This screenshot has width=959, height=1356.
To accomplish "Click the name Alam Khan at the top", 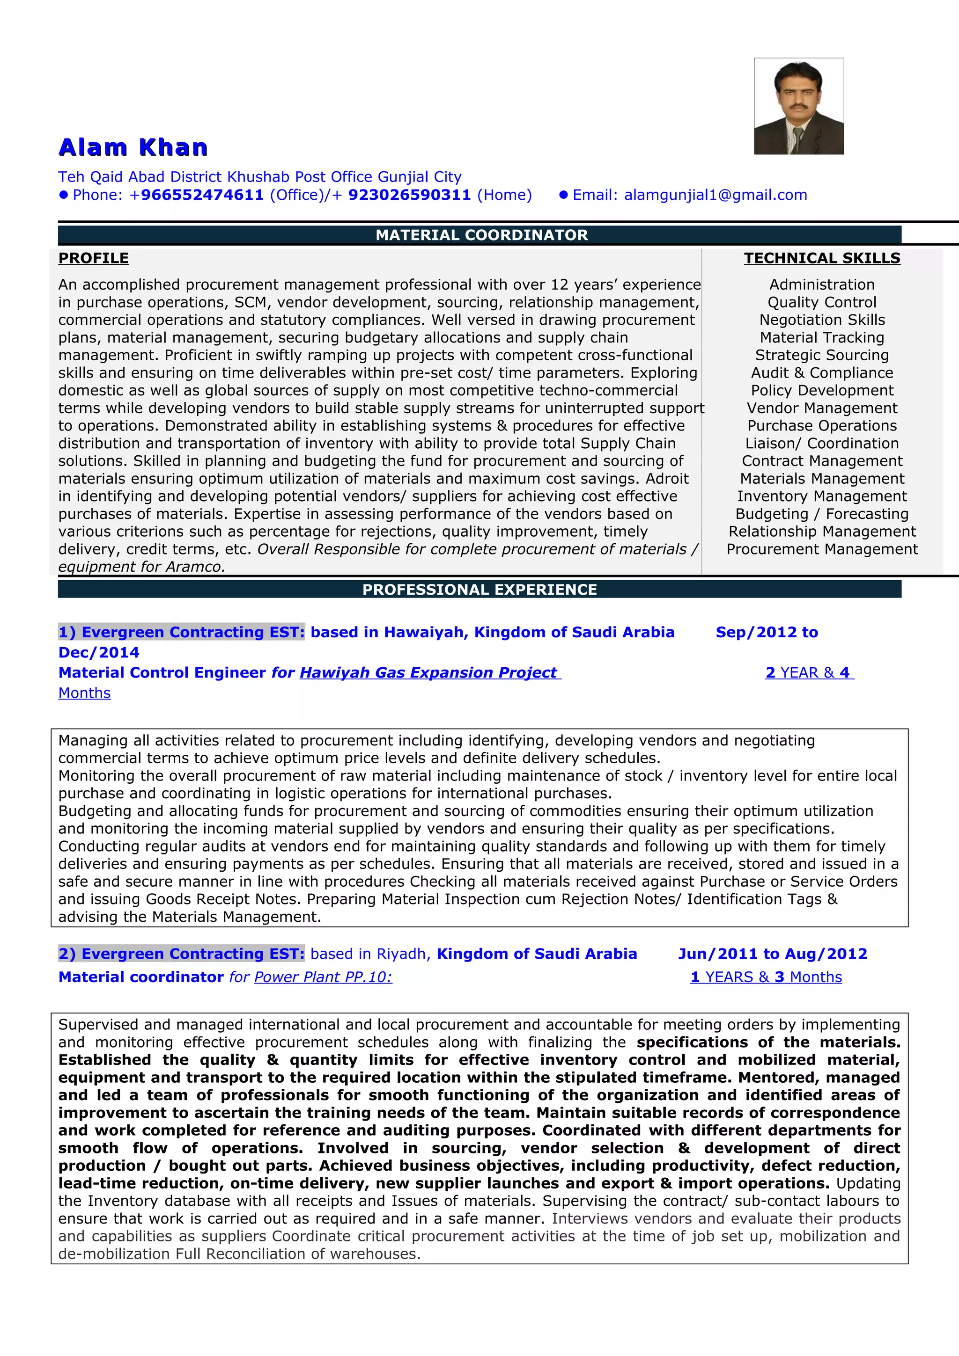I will point(133,147).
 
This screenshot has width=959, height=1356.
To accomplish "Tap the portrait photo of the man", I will point(798,106).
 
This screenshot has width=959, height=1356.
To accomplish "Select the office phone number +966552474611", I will point(196,195).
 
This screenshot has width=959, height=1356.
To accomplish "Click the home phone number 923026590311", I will point(409,195).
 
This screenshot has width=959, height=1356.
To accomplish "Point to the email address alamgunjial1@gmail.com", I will point(715,195).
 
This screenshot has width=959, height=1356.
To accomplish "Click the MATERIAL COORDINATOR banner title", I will point(481,235).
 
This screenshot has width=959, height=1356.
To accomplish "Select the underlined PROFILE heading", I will point(93,258).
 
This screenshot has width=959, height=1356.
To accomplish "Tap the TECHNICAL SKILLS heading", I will point(822,258).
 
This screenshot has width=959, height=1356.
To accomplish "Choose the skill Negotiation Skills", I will point(822,320).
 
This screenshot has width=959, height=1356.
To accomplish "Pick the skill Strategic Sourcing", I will point(822,355).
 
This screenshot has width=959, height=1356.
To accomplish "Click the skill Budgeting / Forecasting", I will point(822,514).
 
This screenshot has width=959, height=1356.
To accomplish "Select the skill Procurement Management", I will point(822,549).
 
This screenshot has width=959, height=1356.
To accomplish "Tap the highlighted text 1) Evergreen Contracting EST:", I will point(181,632).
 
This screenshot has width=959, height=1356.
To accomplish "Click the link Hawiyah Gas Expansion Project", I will point(429,673).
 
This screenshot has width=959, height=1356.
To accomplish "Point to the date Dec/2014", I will point(99,653).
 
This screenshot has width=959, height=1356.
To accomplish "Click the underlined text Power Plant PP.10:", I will point(323,977).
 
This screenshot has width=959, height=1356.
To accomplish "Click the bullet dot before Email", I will point(563,195).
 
